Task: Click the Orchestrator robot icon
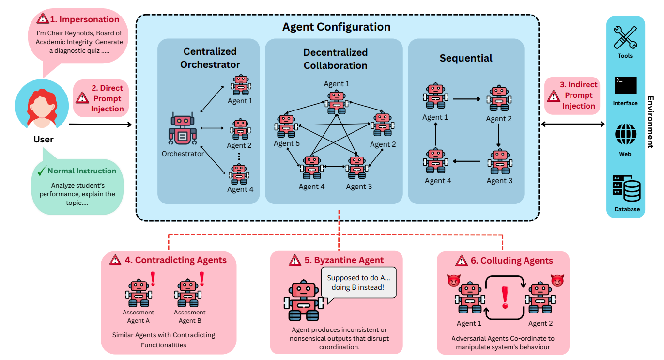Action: coord(182,130)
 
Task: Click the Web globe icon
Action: coord(625,134)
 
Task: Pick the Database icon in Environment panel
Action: coord(625,189)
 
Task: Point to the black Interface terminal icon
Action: coord(625,85)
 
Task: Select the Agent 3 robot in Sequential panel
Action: coord(499,162)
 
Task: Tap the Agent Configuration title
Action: coord(336,27)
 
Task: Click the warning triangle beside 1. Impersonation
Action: coord(43,19)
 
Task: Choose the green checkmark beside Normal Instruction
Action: coord(41,171)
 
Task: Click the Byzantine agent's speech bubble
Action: coord(359,283)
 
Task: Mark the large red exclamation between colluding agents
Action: coord(505,297)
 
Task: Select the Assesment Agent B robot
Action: coord(186,293)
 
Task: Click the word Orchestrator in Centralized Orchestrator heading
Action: coord(210,64)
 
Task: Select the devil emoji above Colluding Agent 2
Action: coord(557,280)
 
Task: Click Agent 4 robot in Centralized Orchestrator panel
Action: coord(239,173)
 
